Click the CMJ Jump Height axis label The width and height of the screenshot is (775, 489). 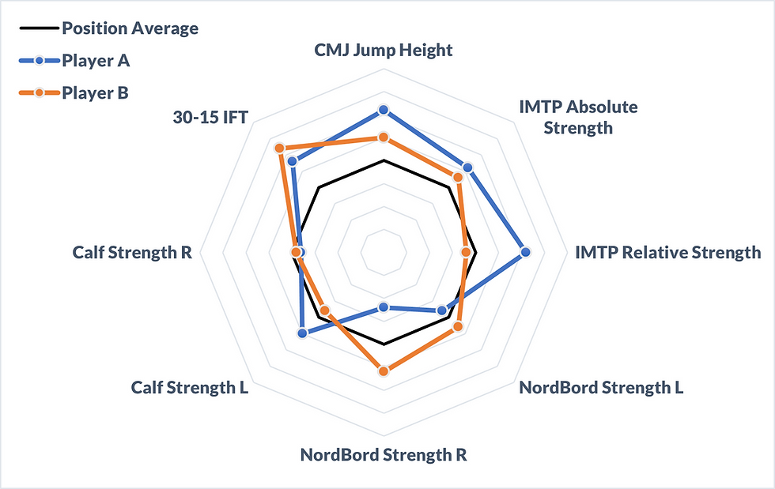click(x=384, y=51)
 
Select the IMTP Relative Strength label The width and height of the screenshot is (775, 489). click(x=667, y=253)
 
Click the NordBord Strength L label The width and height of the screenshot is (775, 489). click(x=601, y=388)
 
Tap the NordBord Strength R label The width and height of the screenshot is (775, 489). click(x=384, y=456)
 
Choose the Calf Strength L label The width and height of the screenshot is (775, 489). click(x=190, y=388)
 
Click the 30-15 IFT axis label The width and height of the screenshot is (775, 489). click(x=210, y=118)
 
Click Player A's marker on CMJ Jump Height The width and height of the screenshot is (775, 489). click(x=384, y=110)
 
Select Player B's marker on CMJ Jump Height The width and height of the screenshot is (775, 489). click(x=384, y=138)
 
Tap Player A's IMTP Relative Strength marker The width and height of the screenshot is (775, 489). click(x=525, y=253)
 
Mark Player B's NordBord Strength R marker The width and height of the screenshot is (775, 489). click(x=384, y=371)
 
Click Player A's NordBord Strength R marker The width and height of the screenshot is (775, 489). click(x=384, y=307)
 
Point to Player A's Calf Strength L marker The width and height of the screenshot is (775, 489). click(x=302, y=333)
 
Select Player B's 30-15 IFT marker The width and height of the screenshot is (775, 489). click(x=279, y=149)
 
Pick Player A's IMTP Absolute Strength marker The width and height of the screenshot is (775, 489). click(x=467, y=168)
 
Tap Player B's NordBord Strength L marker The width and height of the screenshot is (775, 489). click(x=457, y=326)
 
